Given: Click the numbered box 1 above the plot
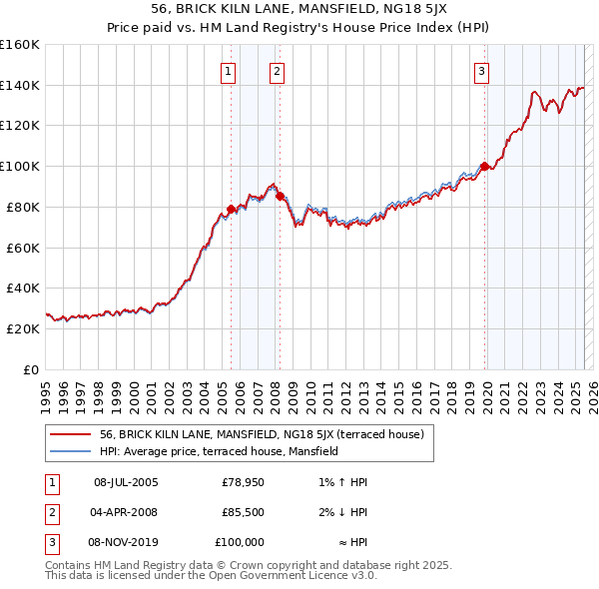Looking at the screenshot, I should pyautogui.click(x=230, y=71).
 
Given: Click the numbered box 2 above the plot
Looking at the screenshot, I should pyautogui.click(x=276, y=71).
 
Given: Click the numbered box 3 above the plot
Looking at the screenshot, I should pyautogui.click(x=482, y=71).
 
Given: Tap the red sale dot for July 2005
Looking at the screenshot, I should pyautogui.click(x=231, y=209).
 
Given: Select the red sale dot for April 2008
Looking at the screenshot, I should pyautogui.click(x=280, y=196).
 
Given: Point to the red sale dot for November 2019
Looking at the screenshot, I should pyautogui.click(x=484, y=166).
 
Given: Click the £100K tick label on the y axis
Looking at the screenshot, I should pyautogui.click(x=19, y=166).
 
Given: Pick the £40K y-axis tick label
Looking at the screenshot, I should pyautogui.click(x=22, y=288).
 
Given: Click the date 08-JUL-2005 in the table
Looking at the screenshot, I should pyautogui.click(x=126, y=482).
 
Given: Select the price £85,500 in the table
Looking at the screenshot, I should pyautogui.click(x=243, y=512).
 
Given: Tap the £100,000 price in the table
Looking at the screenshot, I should pyautogui.click(x=240, y=542).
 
